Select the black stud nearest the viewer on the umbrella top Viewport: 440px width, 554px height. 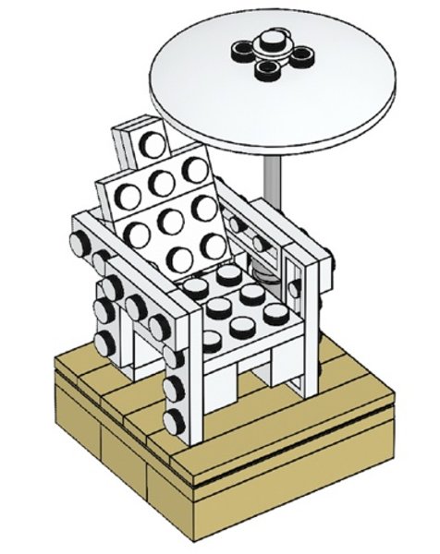pos(270,65)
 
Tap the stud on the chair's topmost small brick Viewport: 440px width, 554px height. pos(148,143)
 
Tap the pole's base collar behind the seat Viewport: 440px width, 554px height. pos(265,274)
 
